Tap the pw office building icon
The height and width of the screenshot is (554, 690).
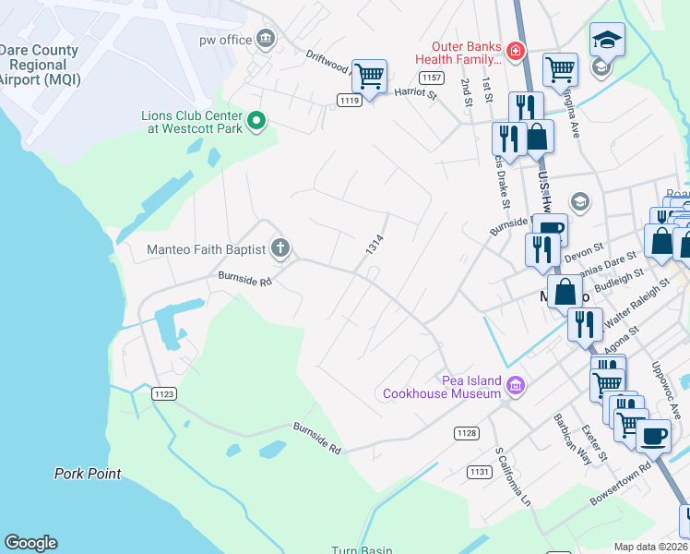click(266, 39)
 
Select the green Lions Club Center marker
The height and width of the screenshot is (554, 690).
click(257, 119)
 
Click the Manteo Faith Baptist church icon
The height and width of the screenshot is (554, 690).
click(280, 247)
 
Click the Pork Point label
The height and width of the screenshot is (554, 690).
click(88, 474)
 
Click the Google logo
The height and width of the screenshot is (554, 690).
click(30, 543)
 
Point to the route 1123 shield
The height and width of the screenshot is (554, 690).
click(163, 394)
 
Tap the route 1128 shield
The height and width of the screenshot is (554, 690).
click(466, 432)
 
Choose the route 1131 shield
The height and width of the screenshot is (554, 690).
click(479, 472)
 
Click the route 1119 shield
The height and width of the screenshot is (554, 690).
click(348, 101)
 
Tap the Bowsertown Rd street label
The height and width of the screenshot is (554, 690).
click(620, 489)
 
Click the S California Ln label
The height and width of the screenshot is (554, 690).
click(514, 477)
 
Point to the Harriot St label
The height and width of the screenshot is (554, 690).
click(415, 92)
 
